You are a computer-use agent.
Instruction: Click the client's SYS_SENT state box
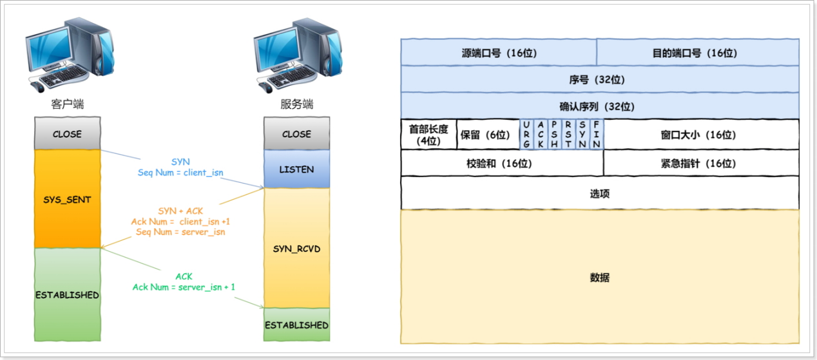coord(67,199)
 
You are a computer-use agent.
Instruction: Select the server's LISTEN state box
coord(296,169)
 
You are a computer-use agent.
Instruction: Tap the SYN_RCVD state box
coord(296,248)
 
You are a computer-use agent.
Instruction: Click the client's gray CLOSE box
coord(67,134)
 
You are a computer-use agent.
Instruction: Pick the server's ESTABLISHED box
coord(296,325)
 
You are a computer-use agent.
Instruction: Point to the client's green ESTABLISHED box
coord(67,295)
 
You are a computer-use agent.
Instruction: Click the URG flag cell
coord(526,134)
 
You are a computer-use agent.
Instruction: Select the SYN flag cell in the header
coord(582,134)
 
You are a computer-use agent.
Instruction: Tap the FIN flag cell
coord(597,134)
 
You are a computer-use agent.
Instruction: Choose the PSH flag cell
coord(554,134)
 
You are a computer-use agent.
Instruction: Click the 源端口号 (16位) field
coord(499,52)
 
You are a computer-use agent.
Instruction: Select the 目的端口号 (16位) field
coord(698,52)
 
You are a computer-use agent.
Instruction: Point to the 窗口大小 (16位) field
coord(702,135)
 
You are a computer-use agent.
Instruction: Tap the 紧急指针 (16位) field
coord(701,163)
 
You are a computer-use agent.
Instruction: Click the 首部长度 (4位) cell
coord(428,134)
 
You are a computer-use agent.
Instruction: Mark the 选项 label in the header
coord(599,193)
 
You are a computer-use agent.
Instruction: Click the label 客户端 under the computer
coord(67,104)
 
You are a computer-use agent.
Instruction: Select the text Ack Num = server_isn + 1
coord(184,287)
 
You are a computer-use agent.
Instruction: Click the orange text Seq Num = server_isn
coord(180,232)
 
